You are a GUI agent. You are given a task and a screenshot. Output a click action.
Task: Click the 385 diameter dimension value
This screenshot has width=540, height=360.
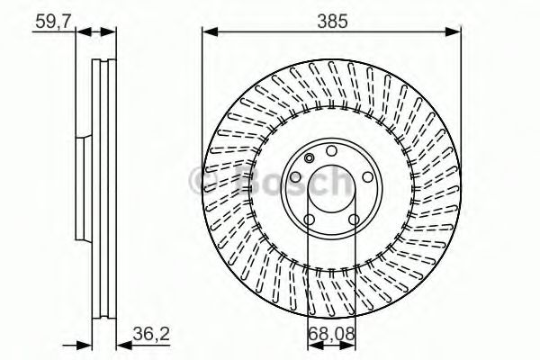330,19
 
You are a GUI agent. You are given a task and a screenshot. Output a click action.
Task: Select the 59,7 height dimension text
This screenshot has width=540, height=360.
51,19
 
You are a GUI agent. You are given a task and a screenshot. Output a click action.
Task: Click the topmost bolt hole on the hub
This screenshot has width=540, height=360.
331,150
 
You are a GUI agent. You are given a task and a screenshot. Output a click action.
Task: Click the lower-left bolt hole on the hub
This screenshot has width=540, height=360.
308,220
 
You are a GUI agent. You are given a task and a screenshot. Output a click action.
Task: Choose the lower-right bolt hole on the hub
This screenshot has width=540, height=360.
355,220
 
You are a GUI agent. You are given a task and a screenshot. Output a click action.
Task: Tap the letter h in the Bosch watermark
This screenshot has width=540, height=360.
335,183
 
